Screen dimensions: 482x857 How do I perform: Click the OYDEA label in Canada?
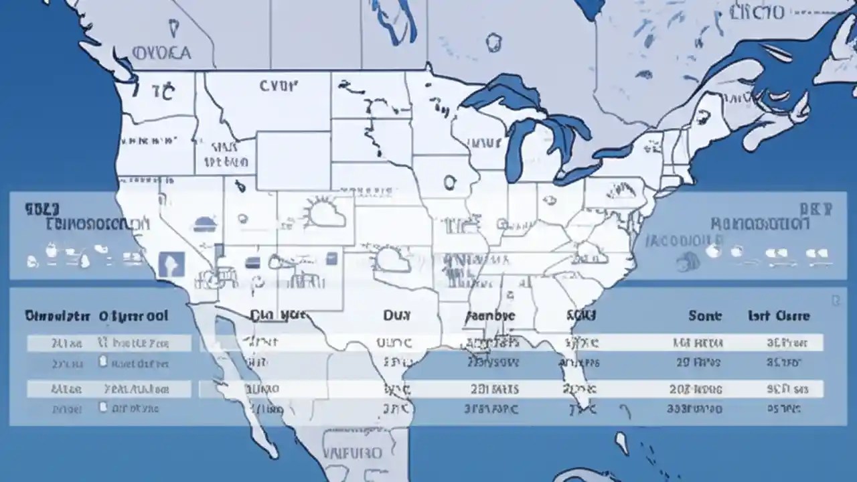click(x=161, y=52)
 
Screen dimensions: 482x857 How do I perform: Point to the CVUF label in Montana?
click(x=278, y=85)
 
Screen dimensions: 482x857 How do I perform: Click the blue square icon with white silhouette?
click(x=171, y=264)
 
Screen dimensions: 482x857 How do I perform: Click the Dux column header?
click(x=397, y=315)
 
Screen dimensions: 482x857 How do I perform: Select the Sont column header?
click(x=705, y=315)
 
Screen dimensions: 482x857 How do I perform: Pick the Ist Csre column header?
click(x=779, y=315)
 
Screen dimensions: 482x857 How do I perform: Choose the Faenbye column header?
click(x=490, y=315)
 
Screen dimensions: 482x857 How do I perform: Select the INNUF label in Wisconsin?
click(x=484, y=143)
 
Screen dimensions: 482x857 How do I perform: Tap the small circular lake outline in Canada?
click(x=494, y=42)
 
